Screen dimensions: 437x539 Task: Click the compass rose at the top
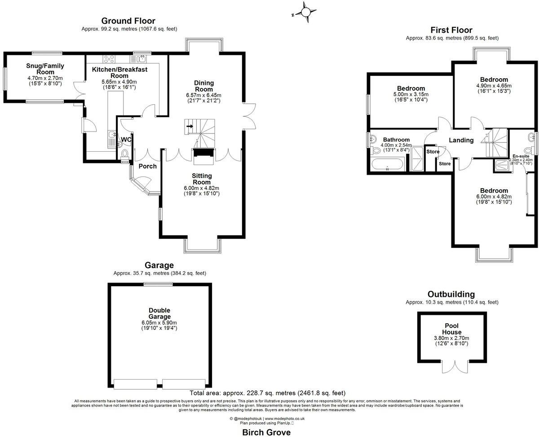(307, 12)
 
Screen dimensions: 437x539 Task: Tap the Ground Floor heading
(128, 21)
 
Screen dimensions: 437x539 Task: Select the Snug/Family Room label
(45, 69)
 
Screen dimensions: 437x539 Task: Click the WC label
(126, 140)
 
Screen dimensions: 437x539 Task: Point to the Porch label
(147, 166)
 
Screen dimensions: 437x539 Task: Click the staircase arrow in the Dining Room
(190, 126)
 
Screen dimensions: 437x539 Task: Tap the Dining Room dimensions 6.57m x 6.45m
(204, 95)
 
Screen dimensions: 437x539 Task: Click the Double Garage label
(159, 313)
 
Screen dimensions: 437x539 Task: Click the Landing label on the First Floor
(461, 140)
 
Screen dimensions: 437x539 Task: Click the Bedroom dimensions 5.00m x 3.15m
(411, 94)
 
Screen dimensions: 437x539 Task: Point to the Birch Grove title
(266, 433)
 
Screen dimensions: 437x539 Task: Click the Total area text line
(267, 393)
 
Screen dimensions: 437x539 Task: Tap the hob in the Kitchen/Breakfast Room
(109, 58)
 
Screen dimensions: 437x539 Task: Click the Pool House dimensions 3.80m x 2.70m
(451, 338)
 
